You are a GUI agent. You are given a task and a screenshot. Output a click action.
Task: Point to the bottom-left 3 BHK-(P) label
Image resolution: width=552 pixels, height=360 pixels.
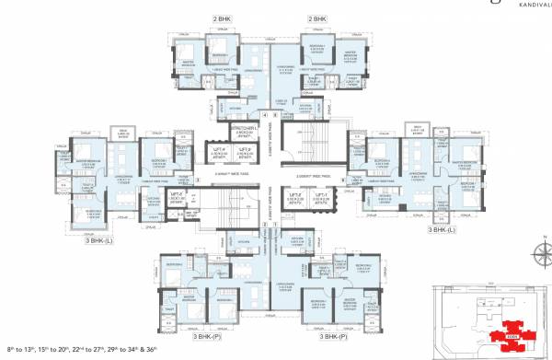[210, 337]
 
